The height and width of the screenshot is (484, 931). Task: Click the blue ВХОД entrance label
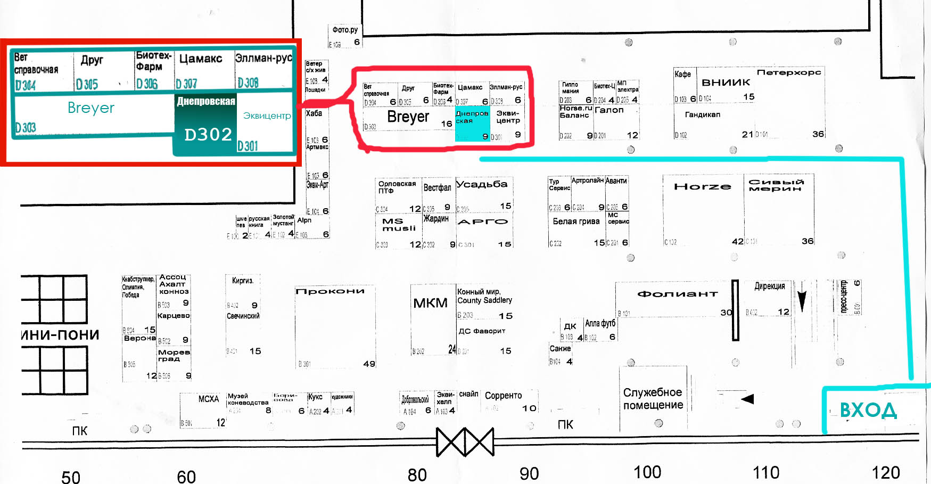click(x=868, y=411)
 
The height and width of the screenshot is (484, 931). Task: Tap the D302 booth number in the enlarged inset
click(x=208, y=134)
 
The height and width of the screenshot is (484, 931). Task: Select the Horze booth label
click(x=702, y=186)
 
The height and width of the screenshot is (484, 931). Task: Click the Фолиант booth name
click(x=677, y=293)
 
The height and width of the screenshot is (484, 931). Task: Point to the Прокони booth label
click(x=330, y=291)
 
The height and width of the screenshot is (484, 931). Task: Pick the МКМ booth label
click(x=430, y=303)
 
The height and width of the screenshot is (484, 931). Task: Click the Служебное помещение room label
click(x=653, y=398)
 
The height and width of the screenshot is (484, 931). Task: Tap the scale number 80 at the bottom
click(x=417, y=474)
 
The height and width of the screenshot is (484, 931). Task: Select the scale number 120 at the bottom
click(x=885, y=472)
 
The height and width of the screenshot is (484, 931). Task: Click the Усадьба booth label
click(x=482, y=184)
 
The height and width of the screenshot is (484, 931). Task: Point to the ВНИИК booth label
click(x=726, y=83)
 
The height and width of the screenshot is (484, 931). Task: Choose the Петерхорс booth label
click(x=789, y=72)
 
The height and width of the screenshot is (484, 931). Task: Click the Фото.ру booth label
click(x=345, y=30)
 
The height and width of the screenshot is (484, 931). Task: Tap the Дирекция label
click(x=769, y=286)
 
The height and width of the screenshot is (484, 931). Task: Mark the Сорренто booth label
click(x=503, y=396)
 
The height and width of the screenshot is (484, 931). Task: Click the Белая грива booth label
click(x=576, y=222)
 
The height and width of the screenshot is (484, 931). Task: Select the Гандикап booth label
click(x=702, y=114)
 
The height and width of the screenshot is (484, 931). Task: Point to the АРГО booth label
click(x=483, y=222)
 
